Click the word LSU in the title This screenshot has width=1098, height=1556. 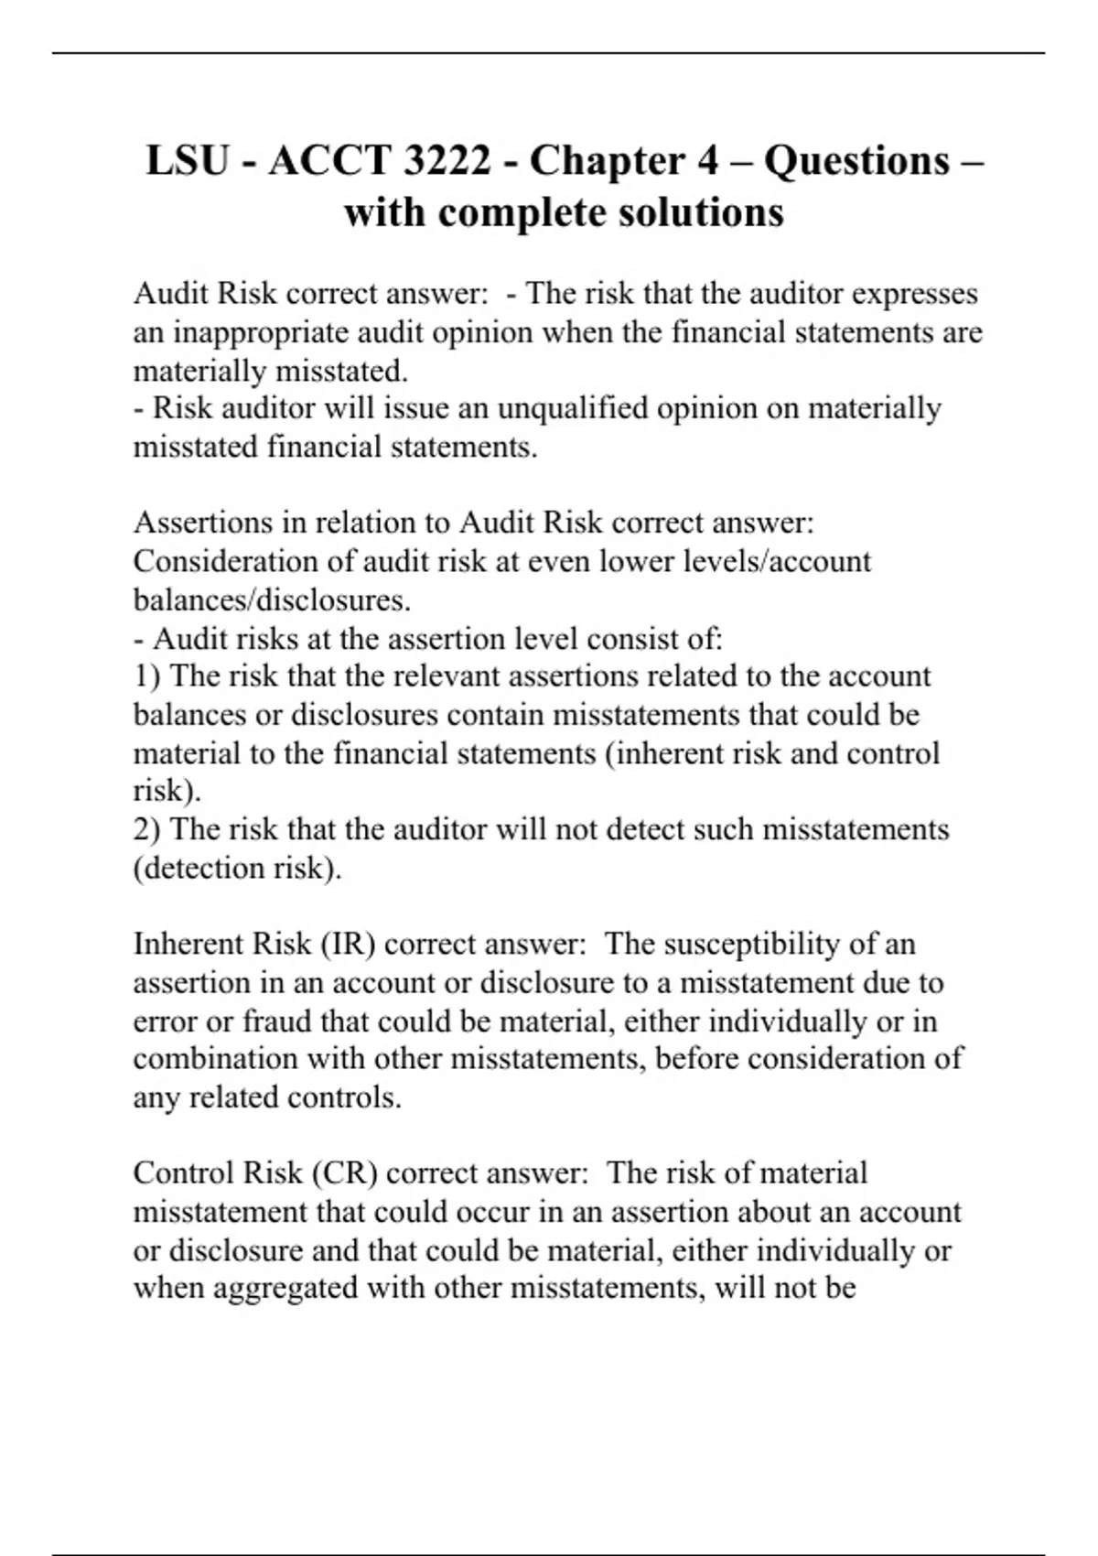[188, 161]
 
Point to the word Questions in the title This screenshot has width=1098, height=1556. [857, 161]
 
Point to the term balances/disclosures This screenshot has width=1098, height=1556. [272, 600]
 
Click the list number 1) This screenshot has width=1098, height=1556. [147, 676]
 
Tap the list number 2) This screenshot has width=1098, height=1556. [147, 829]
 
